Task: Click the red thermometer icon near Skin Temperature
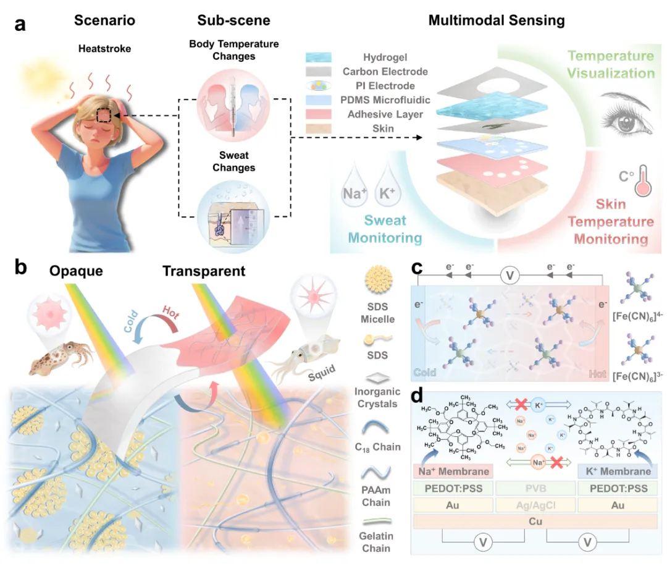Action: coord(631,180)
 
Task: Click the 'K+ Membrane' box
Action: coord(615,471)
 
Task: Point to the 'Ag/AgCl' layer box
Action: coord(534,504)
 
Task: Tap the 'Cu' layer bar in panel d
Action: coord(534,520)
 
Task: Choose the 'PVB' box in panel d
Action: coord(534,488)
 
